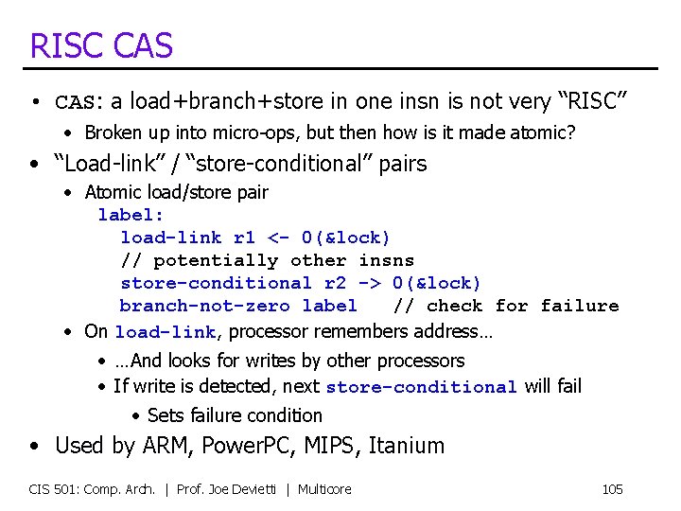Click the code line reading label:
[x=131, y=215]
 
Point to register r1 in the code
[x=244, y=238]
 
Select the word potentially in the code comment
[x=216, y=260]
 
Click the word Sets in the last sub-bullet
[x=166, y=415]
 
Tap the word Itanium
[x=407, y=445]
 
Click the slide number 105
[x=612, y=489]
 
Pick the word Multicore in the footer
[x=324, y=489]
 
